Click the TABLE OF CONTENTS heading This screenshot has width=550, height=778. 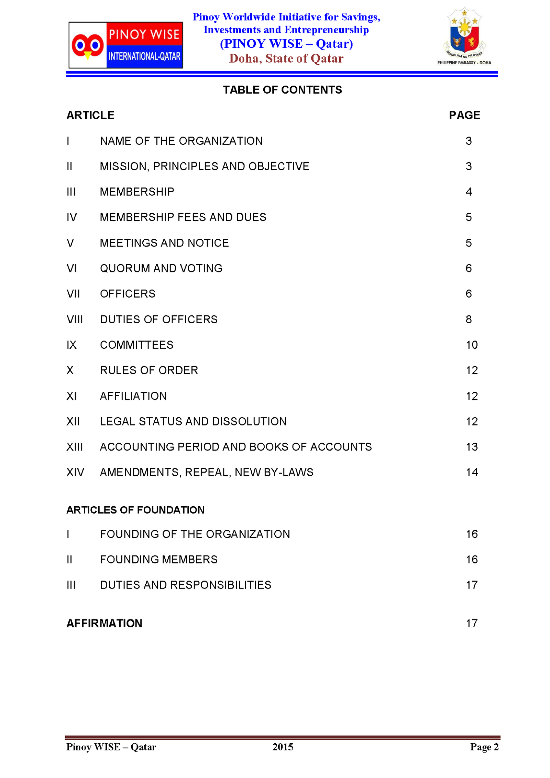282,90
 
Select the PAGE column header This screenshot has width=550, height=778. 464,115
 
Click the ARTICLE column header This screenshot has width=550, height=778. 90,115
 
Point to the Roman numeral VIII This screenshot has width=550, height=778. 75,320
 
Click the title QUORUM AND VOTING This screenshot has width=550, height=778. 161,268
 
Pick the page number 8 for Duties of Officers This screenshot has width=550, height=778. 469,320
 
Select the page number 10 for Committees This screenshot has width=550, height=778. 472,345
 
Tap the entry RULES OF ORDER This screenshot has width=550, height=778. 149,370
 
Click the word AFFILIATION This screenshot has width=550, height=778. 133,396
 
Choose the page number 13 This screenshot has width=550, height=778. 472,447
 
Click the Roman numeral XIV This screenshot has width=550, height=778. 75,472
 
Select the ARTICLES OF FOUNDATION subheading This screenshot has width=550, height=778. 135,510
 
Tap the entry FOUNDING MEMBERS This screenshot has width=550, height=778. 159,560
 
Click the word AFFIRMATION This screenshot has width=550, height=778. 104,624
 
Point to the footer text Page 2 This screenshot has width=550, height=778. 484,747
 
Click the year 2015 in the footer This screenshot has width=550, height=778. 283,747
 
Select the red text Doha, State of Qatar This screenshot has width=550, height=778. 286,59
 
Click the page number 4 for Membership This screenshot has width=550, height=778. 469,192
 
